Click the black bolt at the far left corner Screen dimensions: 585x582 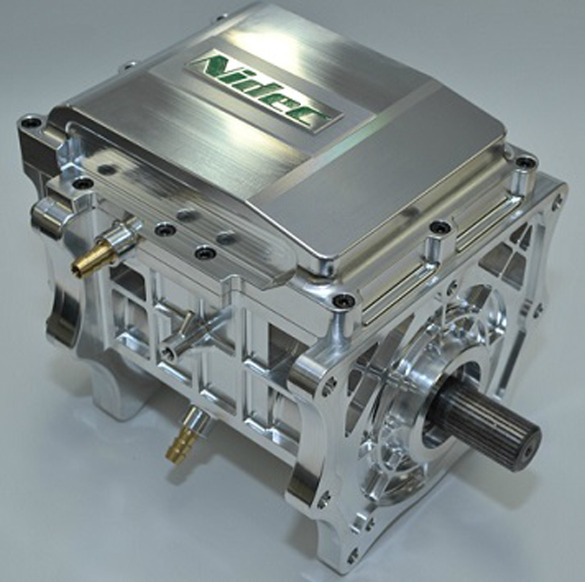click(x=29, y=122)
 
